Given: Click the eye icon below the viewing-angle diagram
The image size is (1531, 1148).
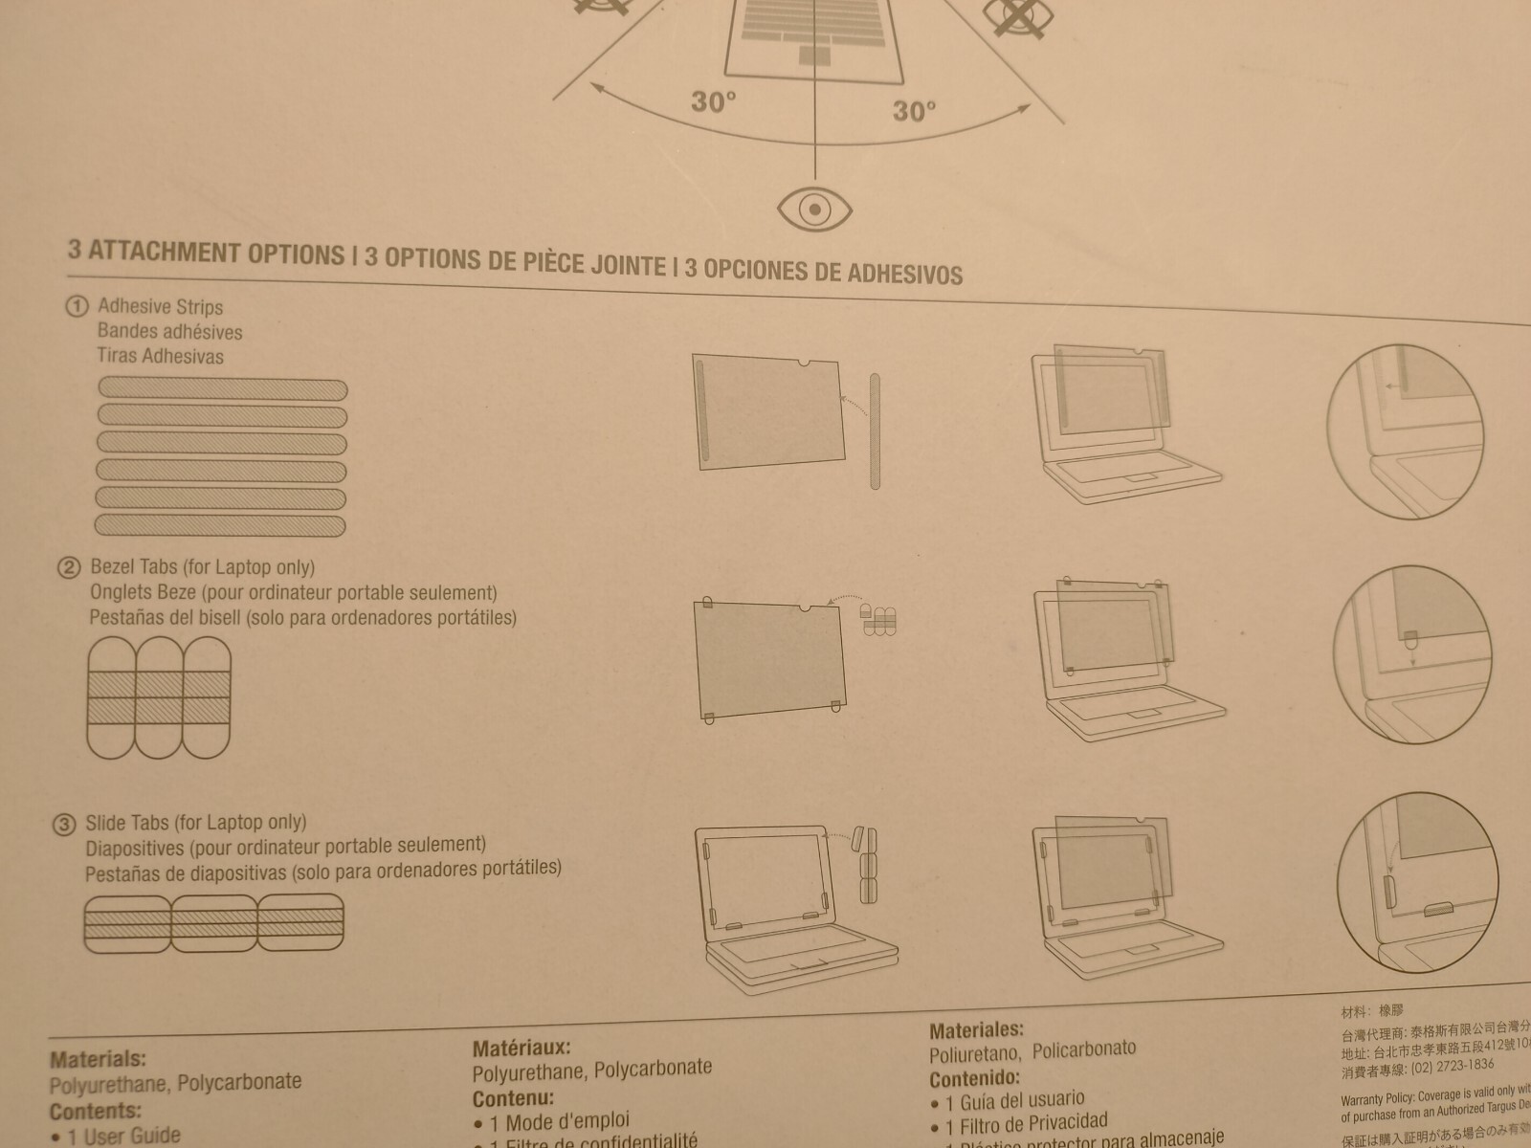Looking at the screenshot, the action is [814, 208].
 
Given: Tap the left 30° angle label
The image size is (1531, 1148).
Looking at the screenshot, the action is [714, 101].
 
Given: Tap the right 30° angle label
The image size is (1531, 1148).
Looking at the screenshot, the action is [914, 111].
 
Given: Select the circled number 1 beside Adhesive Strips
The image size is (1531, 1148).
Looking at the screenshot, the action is [76, 306].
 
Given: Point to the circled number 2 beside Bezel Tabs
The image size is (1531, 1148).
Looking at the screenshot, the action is [69, 567].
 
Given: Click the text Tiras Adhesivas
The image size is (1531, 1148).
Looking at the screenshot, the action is [160, 356].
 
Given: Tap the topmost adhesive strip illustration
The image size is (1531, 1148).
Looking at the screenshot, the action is [222, 388].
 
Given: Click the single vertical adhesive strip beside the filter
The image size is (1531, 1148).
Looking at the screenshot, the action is [875, 430].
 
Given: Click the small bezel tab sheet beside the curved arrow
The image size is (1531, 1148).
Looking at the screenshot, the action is [878, 620].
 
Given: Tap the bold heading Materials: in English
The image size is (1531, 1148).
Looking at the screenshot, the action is [98, 1059].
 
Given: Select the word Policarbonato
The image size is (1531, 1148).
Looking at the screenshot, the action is [1084, 1049].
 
